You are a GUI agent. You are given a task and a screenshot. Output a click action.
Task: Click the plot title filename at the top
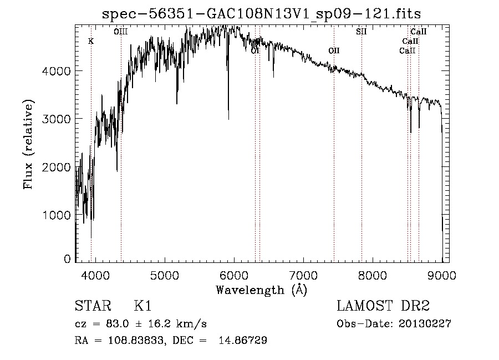[262, 14]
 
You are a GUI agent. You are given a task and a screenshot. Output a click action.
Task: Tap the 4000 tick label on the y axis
[58, 71]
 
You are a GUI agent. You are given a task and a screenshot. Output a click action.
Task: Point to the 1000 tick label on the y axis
[58, 215]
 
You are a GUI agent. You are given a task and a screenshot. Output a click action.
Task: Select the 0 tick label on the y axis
[67, 258]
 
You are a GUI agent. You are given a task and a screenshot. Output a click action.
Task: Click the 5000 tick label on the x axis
[164, 275]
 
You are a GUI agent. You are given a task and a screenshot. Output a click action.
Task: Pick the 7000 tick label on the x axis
[303, 275]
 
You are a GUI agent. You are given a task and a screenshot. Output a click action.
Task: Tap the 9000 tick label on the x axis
[442, 275]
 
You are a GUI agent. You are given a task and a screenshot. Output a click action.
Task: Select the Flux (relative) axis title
[28, 144]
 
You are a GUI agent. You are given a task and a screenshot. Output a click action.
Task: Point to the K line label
[91, 42]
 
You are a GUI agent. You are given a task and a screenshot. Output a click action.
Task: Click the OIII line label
[121, 32]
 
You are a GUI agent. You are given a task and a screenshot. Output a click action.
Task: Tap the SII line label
[361, 32]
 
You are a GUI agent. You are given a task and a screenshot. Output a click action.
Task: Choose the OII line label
[334, 51]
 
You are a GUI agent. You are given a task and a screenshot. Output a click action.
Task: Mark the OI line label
[255, 51]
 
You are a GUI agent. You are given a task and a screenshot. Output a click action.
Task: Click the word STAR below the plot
[93, 306]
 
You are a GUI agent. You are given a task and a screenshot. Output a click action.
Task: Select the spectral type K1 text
[142, 306]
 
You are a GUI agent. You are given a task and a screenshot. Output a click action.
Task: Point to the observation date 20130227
[425, 324]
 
